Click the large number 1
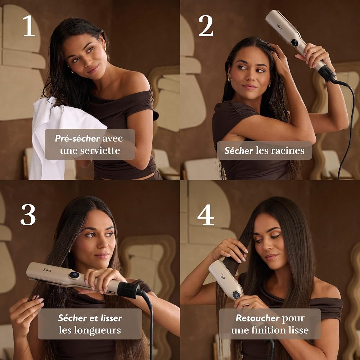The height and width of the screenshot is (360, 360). click(29, 26)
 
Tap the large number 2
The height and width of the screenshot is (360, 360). click(206, 26)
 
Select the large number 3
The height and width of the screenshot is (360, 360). click(28, 215)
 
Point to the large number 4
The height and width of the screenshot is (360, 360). click(206, 215)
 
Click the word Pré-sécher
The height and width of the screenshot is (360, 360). click(77, 139)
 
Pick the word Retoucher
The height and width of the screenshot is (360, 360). click(258, 318)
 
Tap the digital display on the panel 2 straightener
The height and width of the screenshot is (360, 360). click(294, 42)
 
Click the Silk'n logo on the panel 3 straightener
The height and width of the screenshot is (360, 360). click(47, 270)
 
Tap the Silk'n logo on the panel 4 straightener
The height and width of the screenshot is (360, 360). click(222, 276)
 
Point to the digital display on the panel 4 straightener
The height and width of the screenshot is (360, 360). click(236, 295)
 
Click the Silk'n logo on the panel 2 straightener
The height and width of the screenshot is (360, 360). click(279, 26)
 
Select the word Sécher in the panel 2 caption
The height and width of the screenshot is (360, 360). click(239, 150)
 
